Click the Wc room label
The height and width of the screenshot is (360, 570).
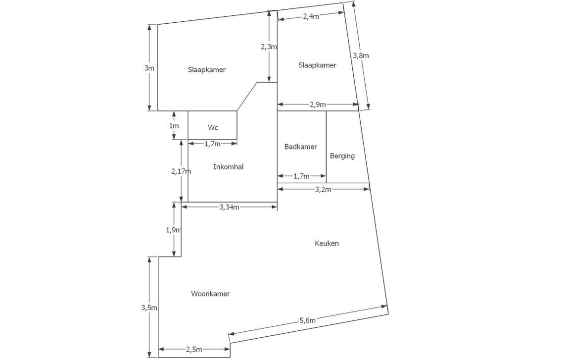point(213,128)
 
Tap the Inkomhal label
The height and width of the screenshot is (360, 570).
point(228,167)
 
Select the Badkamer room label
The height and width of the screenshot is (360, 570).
point(301,147)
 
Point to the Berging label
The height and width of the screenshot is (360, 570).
point(342,156)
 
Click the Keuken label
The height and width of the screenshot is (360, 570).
point(327,244)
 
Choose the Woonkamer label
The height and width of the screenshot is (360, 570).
point(210,294)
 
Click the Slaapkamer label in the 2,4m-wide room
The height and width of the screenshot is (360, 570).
point(317,65)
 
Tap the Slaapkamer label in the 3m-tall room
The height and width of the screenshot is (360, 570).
point(206,70)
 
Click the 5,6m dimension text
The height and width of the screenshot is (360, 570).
point(307,320)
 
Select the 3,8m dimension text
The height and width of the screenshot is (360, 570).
point(361,55)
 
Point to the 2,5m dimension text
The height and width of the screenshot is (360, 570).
point(194,350)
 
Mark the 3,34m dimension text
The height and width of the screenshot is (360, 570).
point(229,207)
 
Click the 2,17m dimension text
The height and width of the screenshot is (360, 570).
point(181,171)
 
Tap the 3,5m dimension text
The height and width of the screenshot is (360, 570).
point(149,308)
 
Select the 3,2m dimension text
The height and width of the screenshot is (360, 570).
point(323,189)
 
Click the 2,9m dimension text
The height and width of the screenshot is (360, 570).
point(318,104)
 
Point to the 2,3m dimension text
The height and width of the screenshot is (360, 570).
point(269,47)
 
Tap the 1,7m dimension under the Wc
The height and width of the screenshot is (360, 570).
point(212,144)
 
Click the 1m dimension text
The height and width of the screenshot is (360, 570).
point(174,126)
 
